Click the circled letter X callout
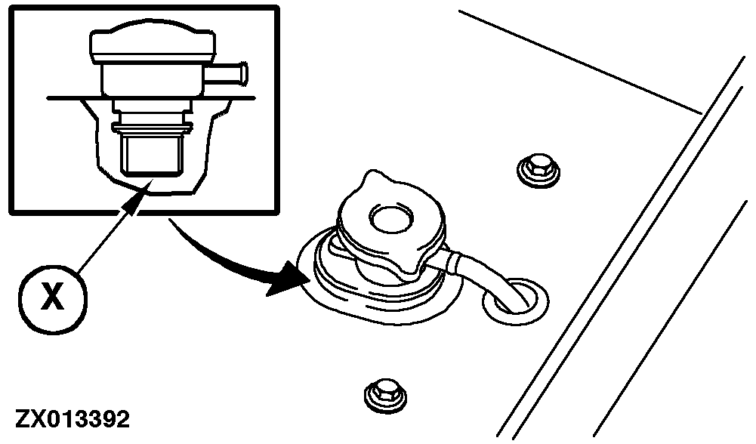[53, 298]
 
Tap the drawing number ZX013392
[73, 419]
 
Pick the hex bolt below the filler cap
[384, 396]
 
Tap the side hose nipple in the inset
[227, 74]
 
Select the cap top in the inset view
[152, 46]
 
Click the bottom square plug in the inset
[152, 154]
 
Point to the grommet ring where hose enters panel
[515, 301]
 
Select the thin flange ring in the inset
[152, 128]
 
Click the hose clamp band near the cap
[454, 262]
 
